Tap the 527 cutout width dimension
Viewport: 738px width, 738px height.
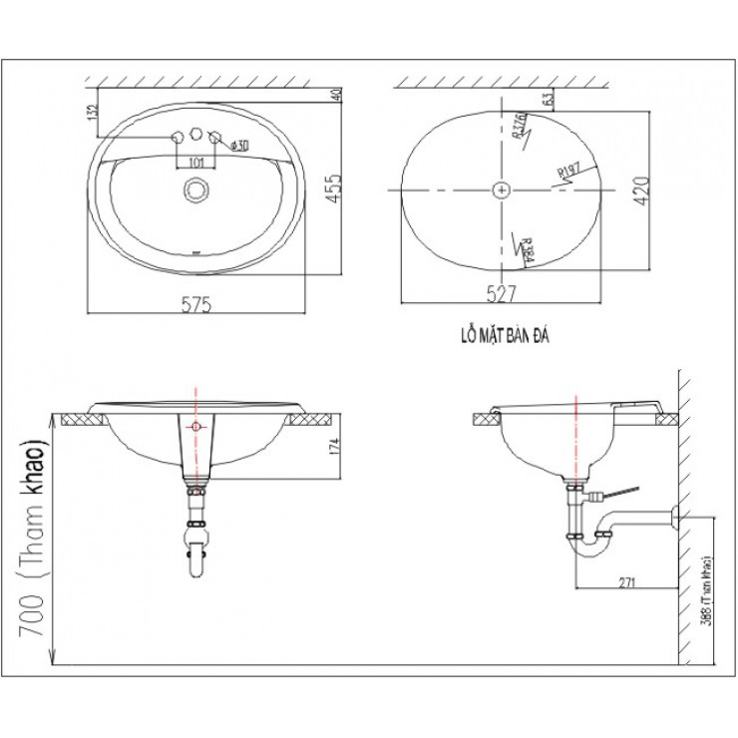pyautogui.click(x=501, y=292)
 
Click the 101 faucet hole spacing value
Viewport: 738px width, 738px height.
pyautogui.click(x=196, y=161)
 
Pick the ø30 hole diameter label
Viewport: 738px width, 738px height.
pyautogui.click(x=238, y=147)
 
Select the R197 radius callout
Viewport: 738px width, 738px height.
pyautogui.click(x=569, y=172)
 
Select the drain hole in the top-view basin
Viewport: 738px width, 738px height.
pyautogui.click(x=196, y=187)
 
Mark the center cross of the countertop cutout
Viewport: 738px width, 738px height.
pyautogui.click(x=501, y=187)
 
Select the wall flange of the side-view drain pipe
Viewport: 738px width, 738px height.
pyautogui.click(x=675, y=517)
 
